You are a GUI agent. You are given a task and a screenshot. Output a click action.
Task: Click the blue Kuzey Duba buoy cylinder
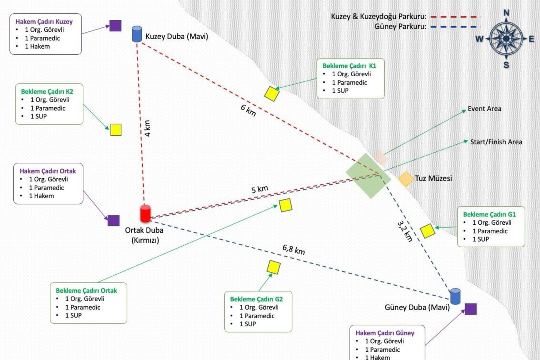coord(137,34)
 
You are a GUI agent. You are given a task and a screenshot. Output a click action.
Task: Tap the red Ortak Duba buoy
coord(145,213)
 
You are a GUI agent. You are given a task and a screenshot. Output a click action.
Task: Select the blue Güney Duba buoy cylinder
coord(455,296)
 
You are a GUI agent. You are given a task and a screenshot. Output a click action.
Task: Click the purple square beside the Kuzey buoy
coord(115,26)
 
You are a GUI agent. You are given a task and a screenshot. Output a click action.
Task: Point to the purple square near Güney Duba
coord(471,309)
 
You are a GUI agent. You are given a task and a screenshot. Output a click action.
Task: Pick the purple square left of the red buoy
coord(113,220)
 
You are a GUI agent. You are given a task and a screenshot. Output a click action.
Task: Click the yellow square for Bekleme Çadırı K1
coord(272,94)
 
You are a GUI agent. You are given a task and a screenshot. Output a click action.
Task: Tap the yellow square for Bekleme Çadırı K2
coord(116,130)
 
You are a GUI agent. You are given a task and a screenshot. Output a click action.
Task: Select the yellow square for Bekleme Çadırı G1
coord(427,231)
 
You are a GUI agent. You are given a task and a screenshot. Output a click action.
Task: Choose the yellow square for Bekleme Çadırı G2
coord(274,267)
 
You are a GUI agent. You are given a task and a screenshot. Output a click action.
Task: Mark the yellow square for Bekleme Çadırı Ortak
coord(285,205)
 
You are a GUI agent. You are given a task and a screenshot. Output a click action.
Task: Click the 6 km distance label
coord(248,110)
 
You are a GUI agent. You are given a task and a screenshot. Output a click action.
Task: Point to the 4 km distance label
coord(147,128)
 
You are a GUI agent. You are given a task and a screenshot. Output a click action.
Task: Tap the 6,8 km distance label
coord(293,249)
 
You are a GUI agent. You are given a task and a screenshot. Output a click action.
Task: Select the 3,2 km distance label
coord(405,231)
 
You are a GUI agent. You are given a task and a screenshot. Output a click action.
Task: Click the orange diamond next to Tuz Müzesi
coord(405,179)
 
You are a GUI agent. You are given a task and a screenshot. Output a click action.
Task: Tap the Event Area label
coord(484,109)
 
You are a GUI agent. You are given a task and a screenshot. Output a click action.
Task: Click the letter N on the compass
coord(506,13)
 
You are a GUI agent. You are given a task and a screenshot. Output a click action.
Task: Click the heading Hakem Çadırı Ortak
coord(48,171)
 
